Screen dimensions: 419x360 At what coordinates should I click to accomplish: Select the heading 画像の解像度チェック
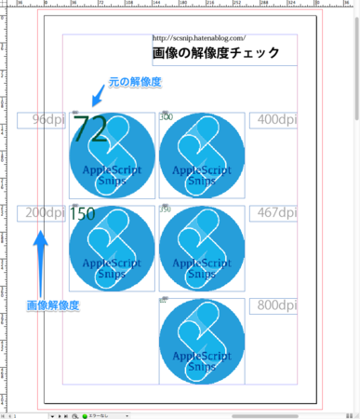point(215,53)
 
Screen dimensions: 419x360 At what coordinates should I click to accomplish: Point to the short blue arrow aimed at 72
point(96,95)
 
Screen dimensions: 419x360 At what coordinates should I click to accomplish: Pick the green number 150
point(83,213)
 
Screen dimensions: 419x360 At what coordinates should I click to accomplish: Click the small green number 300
point(166,116)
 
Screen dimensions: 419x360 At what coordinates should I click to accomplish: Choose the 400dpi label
point(276,119)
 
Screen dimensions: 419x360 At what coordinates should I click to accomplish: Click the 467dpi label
point(276,213)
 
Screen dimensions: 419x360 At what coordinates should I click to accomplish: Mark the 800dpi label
point(276,304)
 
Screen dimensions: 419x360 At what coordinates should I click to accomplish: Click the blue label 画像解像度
point(52,304)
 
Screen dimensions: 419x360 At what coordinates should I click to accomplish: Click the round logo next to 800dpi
point(201,341)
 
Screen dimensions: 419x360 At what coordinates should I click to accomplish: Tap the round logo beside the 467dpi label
point(201,248)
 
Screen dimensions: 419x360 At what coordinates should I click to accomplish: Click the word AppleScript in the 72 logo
point(113,171)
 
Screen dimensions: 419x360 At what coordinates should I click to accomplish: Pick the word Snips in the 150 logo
point(113,275)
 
